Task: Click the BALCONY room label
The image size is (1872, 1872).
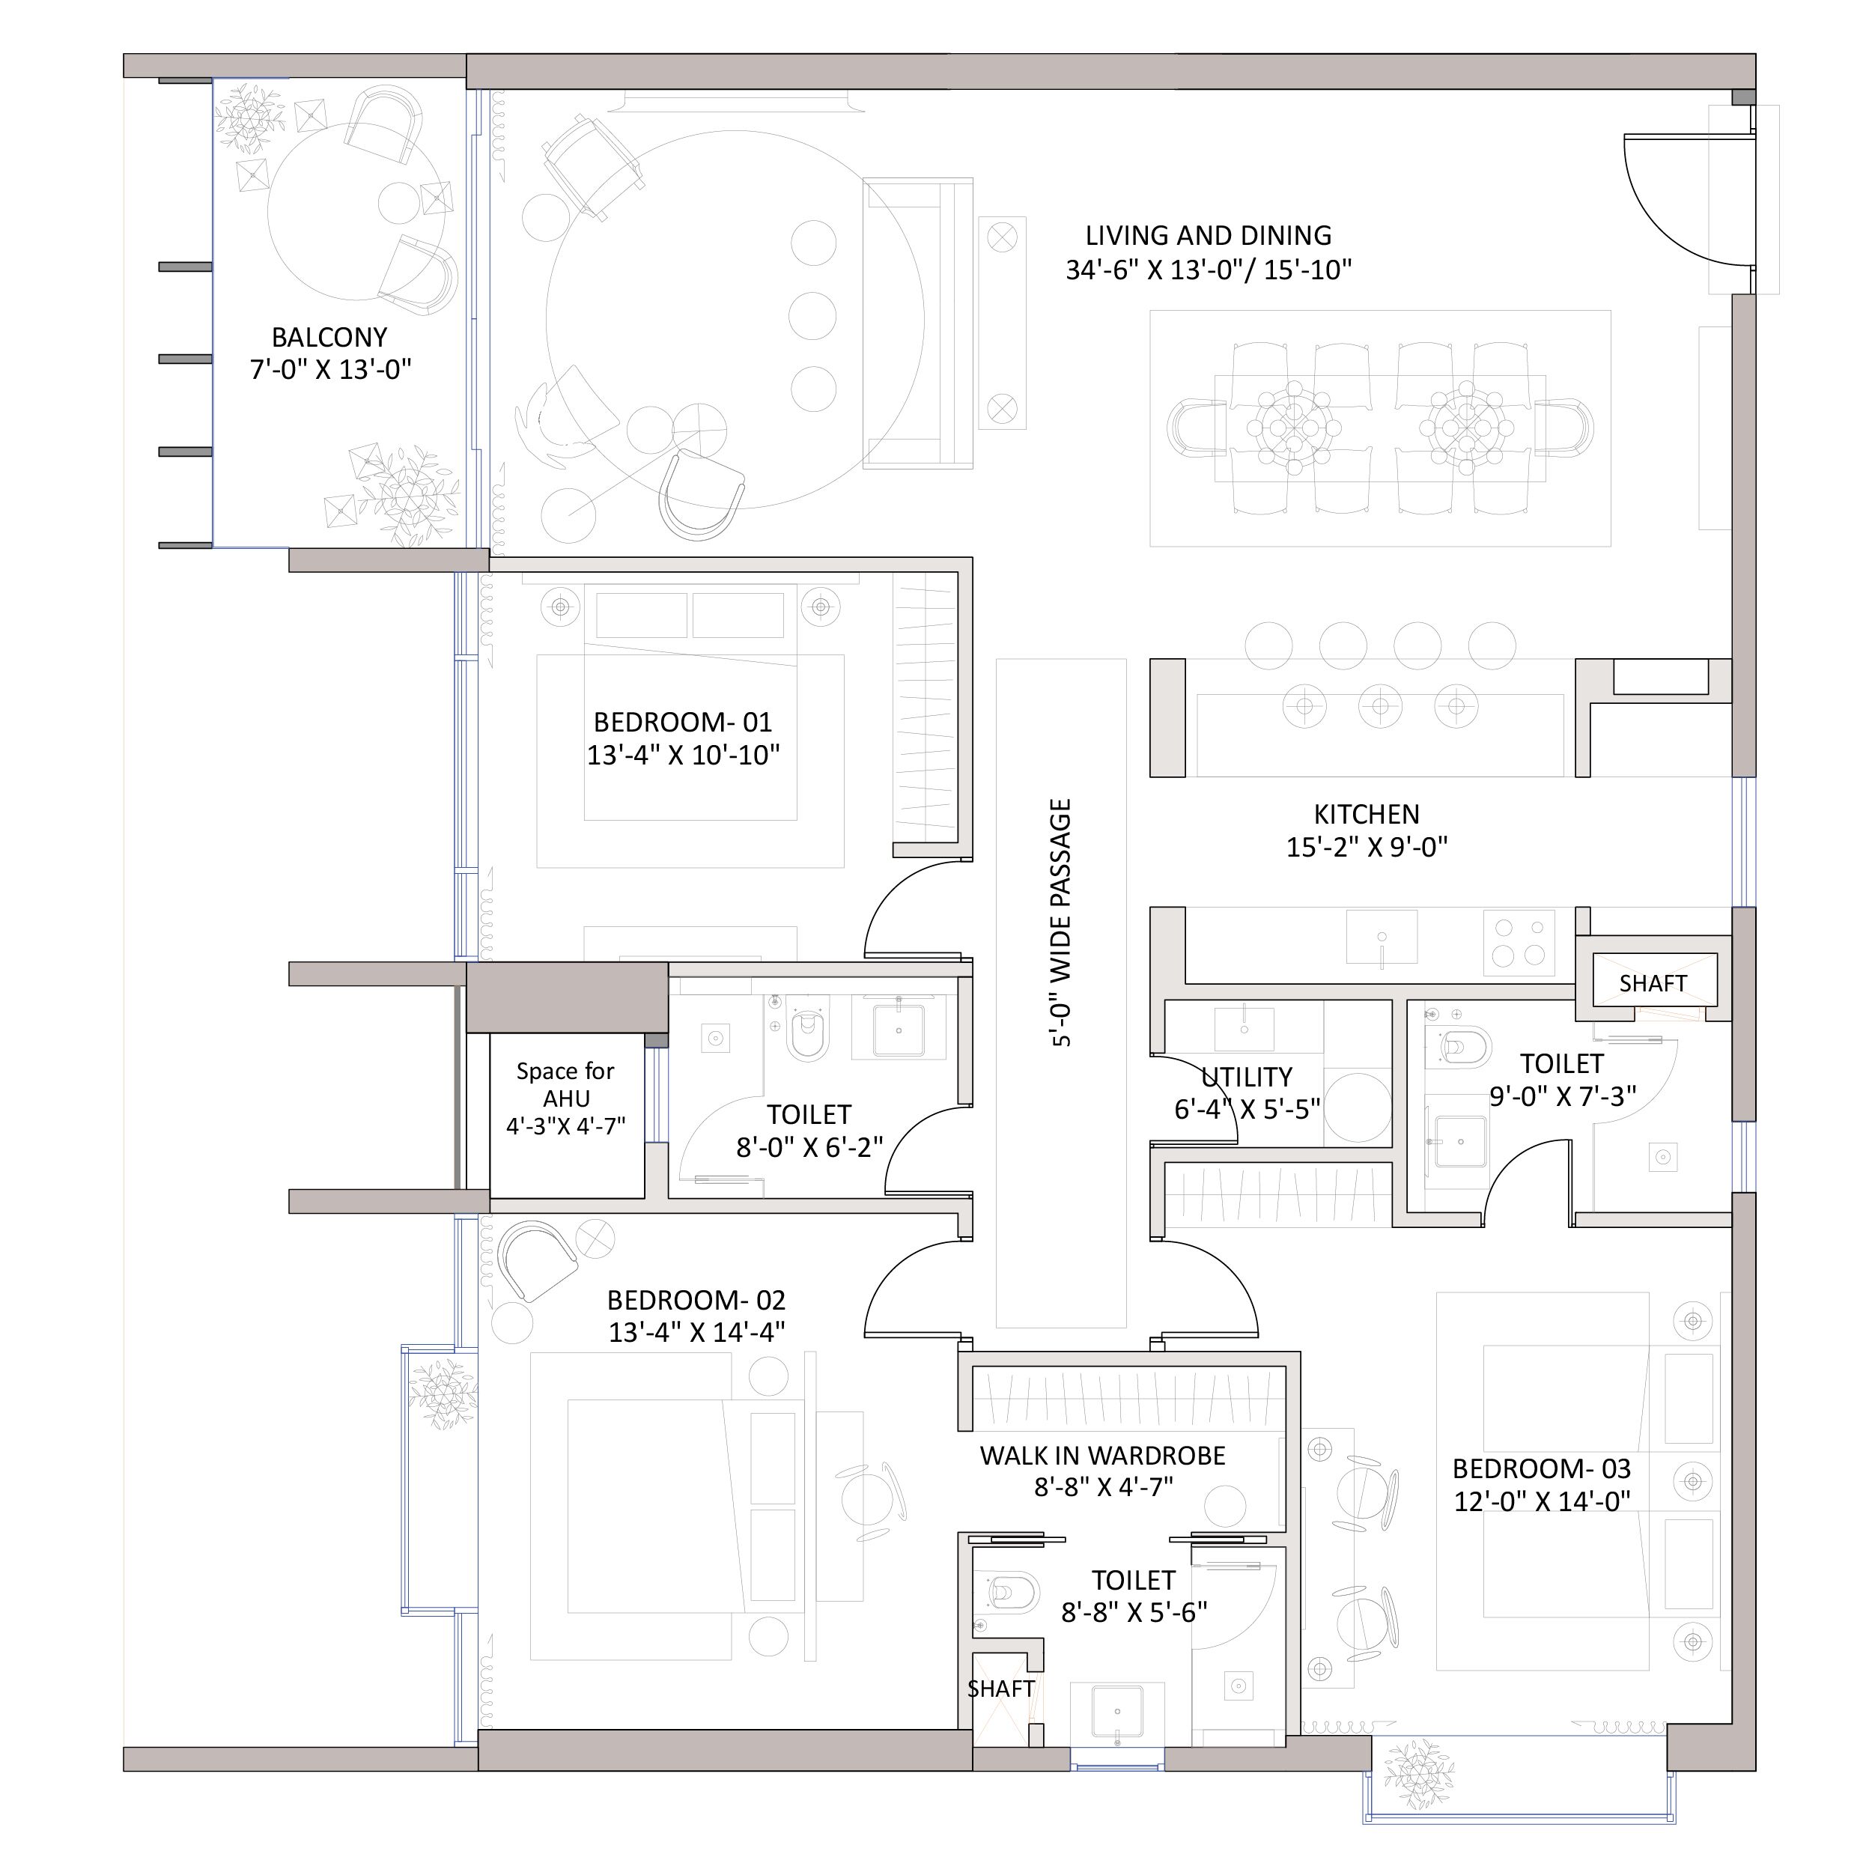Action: [x=329, y=337]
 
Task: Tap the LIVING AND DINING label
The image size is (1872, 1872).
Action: [x=1209, y=235]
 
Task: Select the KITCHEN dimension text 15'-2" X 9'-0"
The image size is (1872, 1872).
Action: [x=1367, y=847]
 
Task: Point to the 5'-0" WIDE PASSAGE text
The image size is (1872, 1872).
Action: [x=1061, y=923]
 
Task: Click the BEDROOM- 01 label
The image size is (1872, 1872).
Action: [x=683, y=722]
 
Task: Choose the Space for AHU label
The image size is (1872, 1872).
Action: [x=566, y=1084]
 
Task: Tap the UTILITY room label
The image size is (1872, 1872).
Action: [x=1246, y=1077]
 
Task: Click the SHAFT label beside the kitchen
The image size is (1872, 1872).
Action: [x=1653, y=983]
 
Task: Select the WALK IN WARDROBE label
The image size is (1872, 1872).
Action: [x=1103, y=1456]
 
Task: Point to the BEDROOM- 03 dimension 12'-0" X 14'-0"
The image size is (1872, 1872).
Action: [x=1542, y=1501]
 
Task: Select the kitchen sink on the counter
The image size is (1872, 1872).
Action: [x=1382, y=937]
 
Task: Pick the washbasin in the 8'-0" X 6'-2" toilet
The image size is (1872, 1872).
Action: [x=899, y=1027]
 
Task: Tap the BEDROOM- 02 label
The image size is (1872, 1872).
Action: [x=696, y=1301]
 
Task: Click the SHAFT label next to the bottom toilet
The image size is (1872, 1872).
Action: [x=1001, y=1689]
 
